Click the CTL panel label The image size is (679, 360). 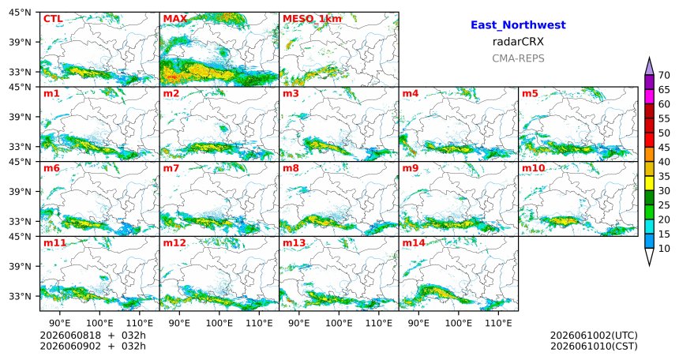[x=53, y=19]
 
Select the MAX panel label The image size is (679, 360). [x=175, y=19]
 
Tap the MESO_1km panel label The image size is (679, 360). [x=312, y=19]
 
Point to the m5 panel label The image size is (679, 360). [x=530, y=94]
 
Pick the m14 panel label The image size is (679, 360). [x=414, y=243]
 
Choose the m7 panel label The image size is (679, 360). [x=171, y=168]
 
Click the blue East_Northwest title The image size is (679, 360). [x=518, y=25]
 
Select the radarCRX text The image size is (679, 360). [x=518, y=42]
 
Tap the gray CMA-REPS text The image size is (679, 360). [x=518, y=58]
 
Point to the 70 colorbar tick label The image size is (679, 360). [x=664, y=75]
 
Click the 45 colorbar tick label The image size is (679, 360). [x=664, y=148]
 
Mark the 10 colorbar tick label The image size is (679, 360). [x=664, y=248]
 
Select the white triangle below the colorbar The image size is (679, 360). [x=649, y=256]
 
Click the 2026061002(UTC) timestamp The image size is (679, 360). [x=594, y=336]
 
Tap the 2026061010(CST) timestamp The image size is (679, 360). [x=594, y=346]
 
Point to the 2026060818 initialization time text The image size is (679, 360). [x=70, y=336]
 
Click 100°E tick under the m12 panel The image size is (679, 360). [x=219, y=323]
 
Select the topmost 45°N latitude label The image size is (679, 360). [x=20, y=13]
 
